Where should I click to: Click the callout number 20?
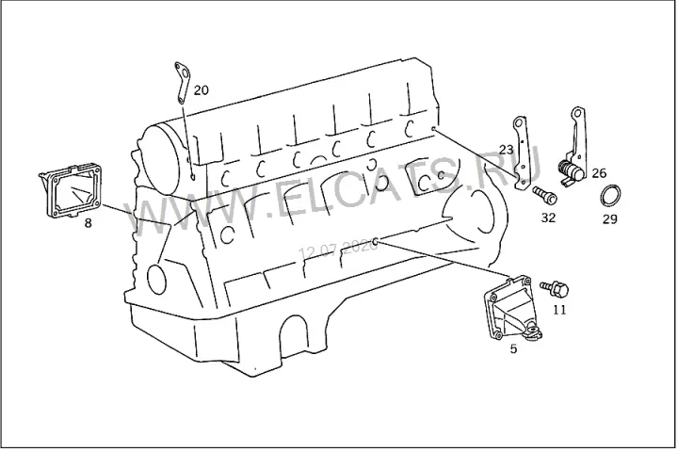[x=202, y=90]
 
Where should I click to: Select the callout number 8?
[x=88, y=223]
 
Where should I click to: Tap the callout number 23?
[x=506, y=150]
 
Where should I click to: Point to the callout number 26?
[x=599, y=173]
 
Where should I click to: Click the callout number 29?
[x=609, y=219]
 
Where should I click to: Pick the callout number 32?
[x=548, y=218]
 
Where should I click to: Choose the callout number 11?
[x=559, y=310]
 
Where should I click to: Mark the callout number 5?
[x=513, y=348]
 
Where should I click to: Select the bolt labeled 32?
[x=545, y=194]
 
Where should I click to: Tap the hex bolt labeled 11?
[x=555, y=288]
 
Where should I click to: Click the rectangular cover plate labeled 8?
[x=72, y=190]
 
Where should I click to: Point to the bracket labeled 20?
[x=183, y=82]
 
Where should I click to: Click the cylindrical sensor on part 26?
[x=571, y=169]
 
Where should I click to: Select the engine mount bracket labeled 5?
[x=512, y=308]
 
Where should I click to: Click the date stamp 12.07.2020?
[x=339, y=250]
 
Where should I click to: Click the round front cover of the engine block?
[x=164, y=160]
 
